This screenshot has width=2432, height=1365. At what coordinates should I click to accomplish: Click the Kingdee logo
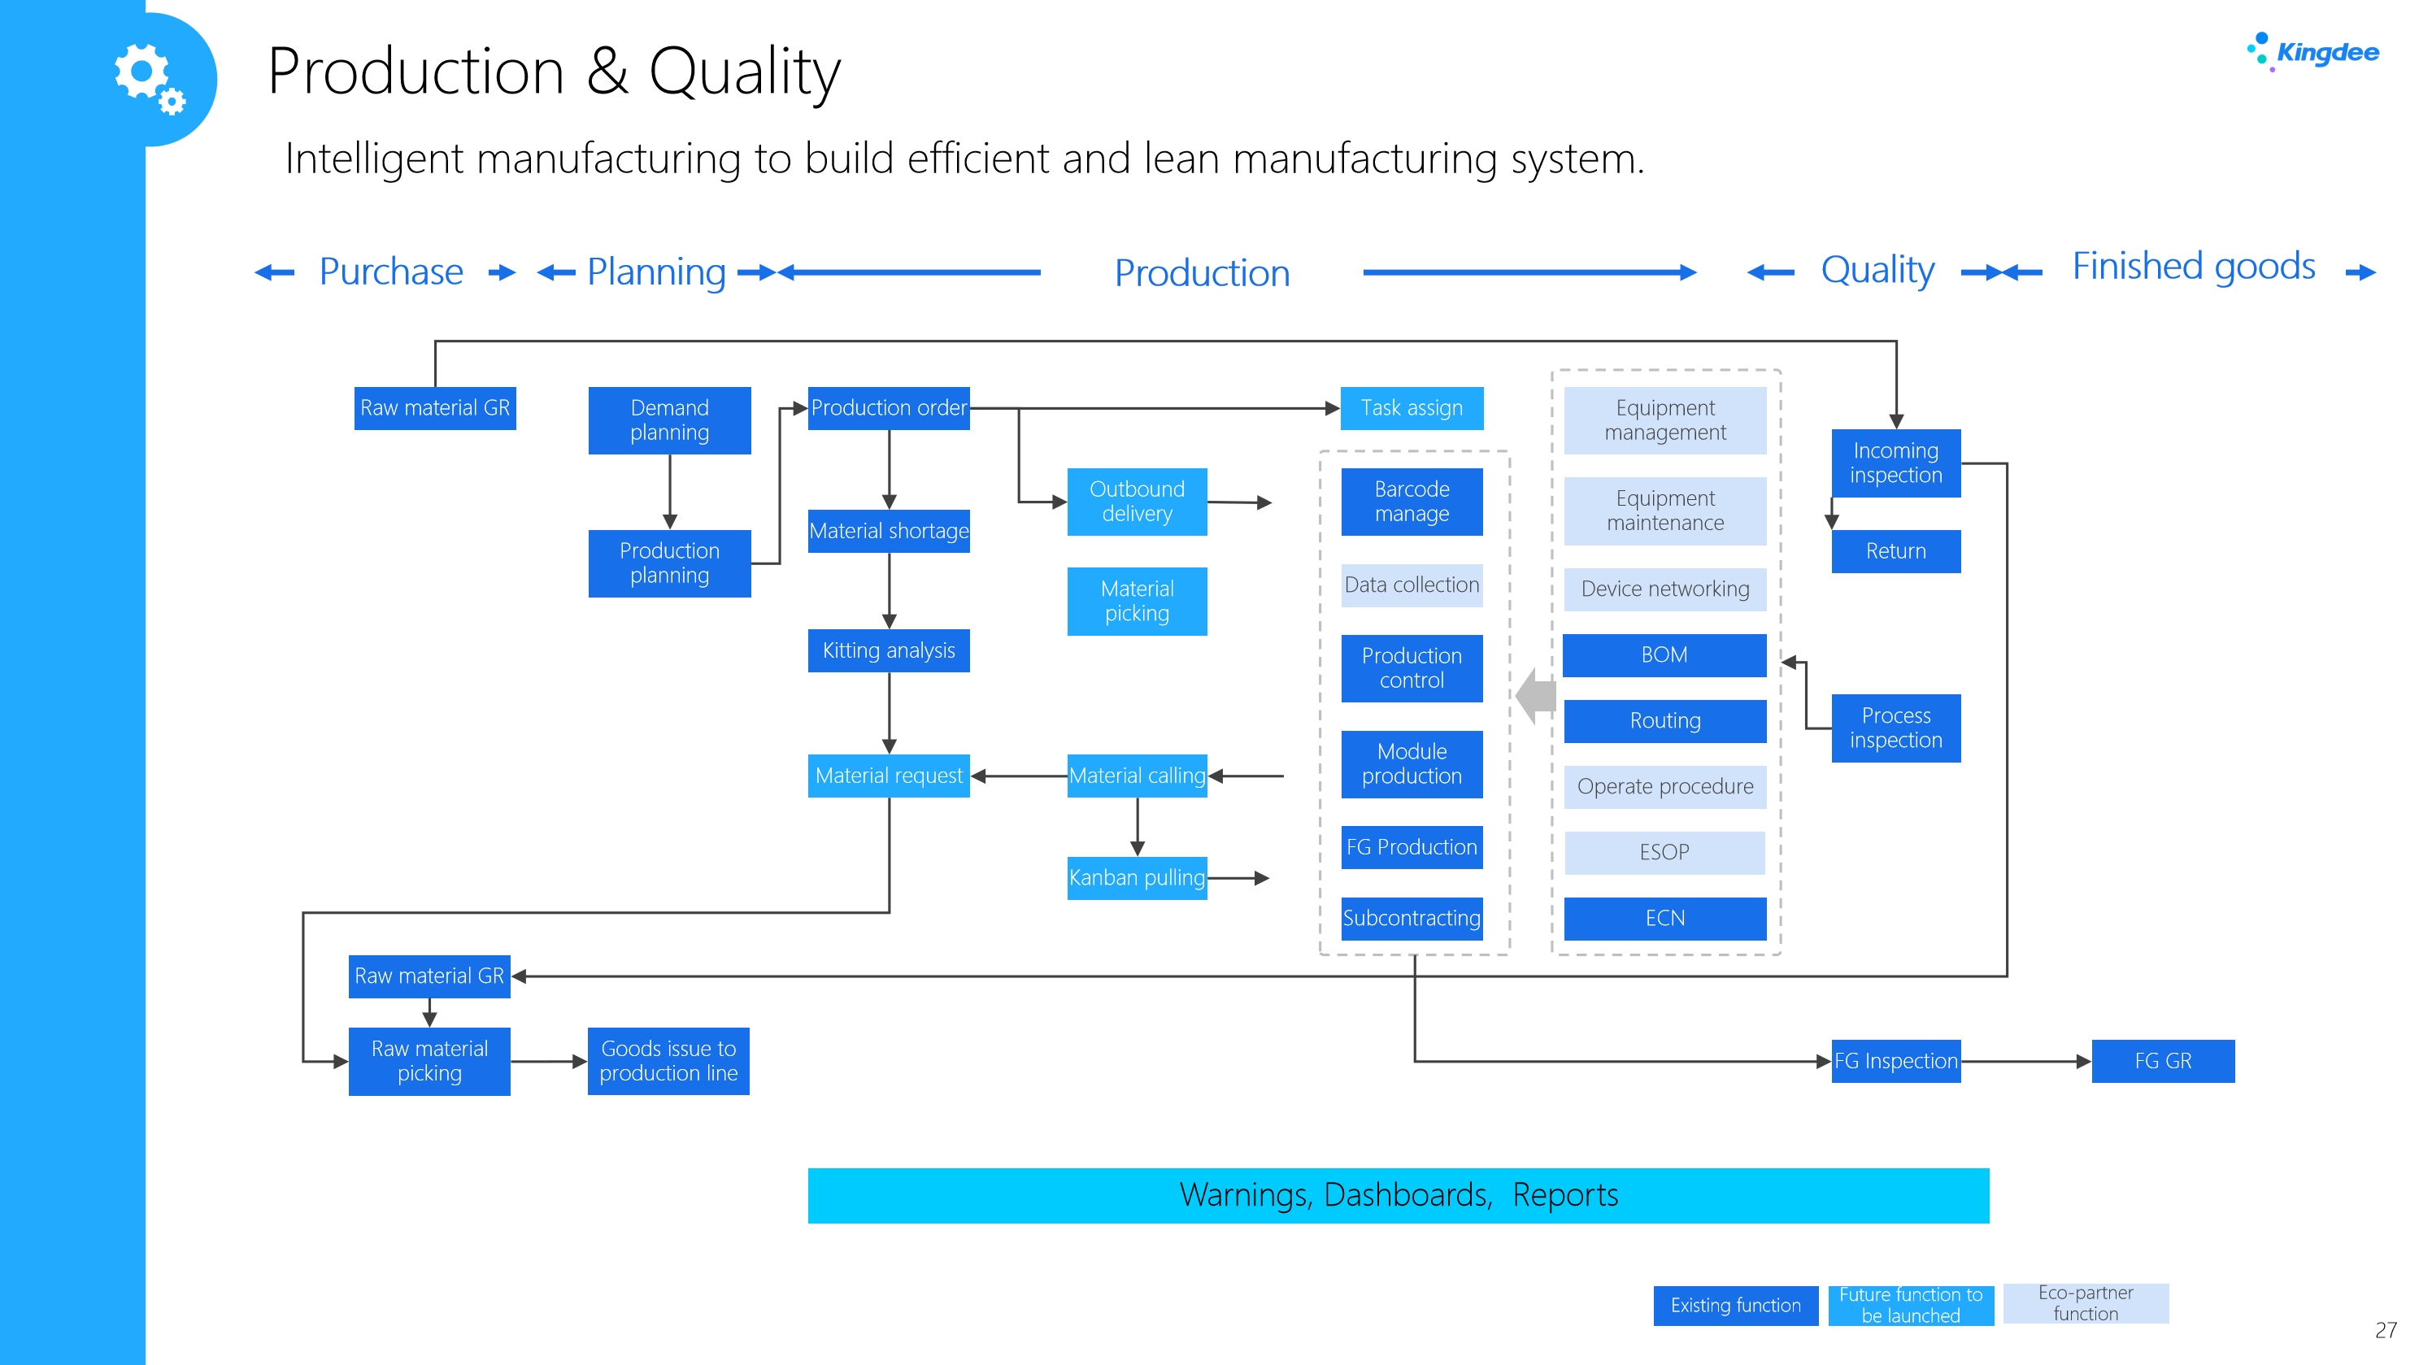(2312, 52)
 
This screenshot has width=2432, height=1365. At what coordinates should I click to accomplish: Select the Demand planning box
(669, 420)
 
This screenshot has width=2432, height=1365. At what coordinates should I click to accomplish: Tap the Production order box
(889, 408)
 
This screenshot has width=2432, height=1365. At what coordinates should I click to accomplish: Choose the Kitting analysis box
(889, 650)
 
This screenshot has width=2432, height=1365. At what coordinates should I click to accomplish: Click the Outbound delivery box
(1137, 502)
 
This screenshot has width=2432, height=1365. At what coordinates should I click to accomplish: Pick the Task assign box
(1412, 408)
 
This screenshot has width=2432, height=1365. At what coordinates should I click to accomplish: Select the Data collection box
(1412, 585)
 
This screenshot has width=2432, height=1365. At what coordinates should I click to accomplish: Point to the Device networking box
(1664, 589)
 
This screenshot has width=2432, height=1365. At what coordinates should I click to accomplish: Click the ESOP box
(1664, 853)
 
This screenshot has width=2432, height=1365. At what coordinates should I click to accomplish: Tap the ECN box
(1664, 919)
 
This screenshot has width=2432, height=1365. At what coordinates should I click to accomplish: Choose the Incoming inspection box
(1895, 463)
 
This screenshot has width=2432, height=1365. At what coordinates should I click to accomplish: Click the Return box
(1895, 551)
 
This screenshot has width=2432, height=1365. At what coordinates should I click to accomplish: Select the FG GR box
(2163, 1061)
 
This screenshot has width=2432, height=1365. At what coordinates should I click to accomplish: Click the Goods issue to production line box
(668, 1061)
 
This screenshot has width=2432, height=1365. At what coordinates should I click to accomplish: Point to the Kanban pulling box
(1137, 878)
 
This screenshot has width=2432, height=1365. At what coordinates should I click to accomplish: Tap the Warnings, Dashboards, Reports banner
(1399, 1195)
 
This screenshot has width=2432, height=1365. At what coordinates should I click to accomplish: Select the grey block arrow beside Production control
(1536, 696)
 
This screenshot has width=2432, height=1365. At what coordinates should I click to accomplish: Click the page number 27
(2386, 1330)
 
